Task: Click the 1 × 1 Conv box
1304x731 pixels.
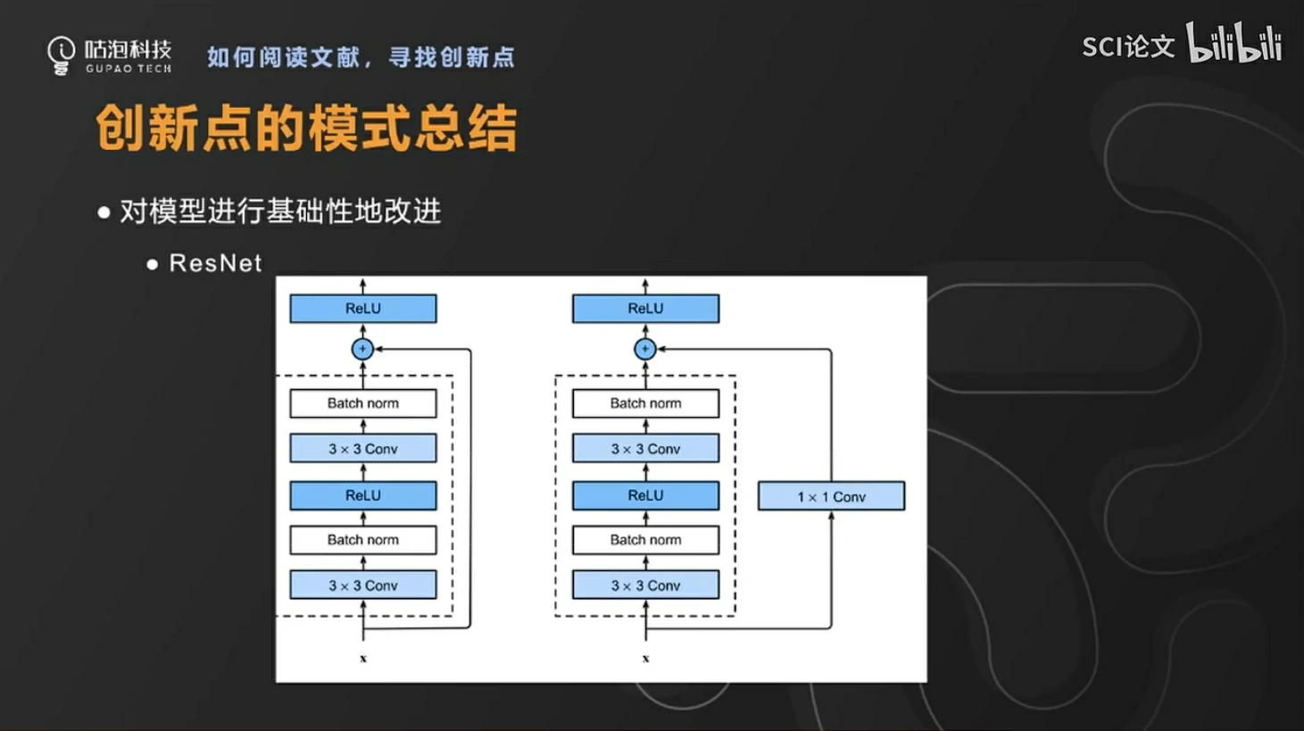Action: click(x=831, y=496)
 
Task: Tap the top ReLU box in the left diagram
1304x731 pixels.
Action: click(x=363, y=309)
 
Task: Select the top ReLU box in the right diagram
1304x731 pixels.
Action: click(x=645, y=309)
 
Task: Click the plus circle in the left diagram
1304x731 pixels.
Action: click(x=362, y=349)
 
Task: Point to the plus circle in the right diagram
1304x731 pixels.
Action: click(x=645, y=349)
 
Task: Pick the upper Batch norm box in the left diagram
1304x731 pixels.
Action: click(x=363, y=403)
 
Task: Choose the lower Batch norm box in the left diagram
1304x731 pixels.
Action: click(x=363, y=540)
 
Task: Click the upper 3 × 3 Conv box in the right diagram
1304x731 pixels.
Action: click(x=645, y=448)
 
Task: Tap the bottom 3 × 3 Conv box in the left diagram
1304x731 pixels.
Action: click(x=363, y=586)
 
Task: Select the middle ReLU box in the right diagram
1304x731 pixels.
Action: click(x=645, y=495)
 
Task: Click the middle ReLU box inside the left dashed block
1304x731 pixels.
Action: click(x=363, y=495)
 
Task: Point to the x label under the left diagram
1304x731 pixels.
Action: click(x=363, y=659)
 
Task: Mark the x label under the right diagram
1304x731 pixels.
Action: click(x=645, y=659)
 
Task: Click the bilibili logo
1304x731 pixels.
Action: click(x=1234, y=44)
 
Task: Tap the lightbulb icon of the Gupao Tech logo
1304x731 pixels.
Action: click(x=62, y=55)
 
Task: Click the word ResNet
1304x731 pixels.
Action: click(x=215, y=263)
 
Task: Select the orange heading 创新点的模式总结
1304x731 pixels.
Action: click(x=306, y=129)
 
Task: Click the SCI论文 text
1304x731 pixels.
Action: click(x=1128, y=46)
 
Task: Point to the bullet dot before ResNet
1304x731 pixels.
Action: click(x=153, y=264)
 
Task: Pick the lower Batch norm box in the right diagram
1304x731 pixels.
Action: click(x=645, y=540)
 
